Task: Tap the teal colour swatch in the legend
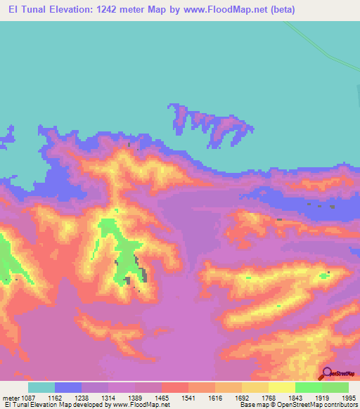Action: [41, 387]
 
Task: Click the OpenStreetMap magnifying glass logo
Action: [327, 374]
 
